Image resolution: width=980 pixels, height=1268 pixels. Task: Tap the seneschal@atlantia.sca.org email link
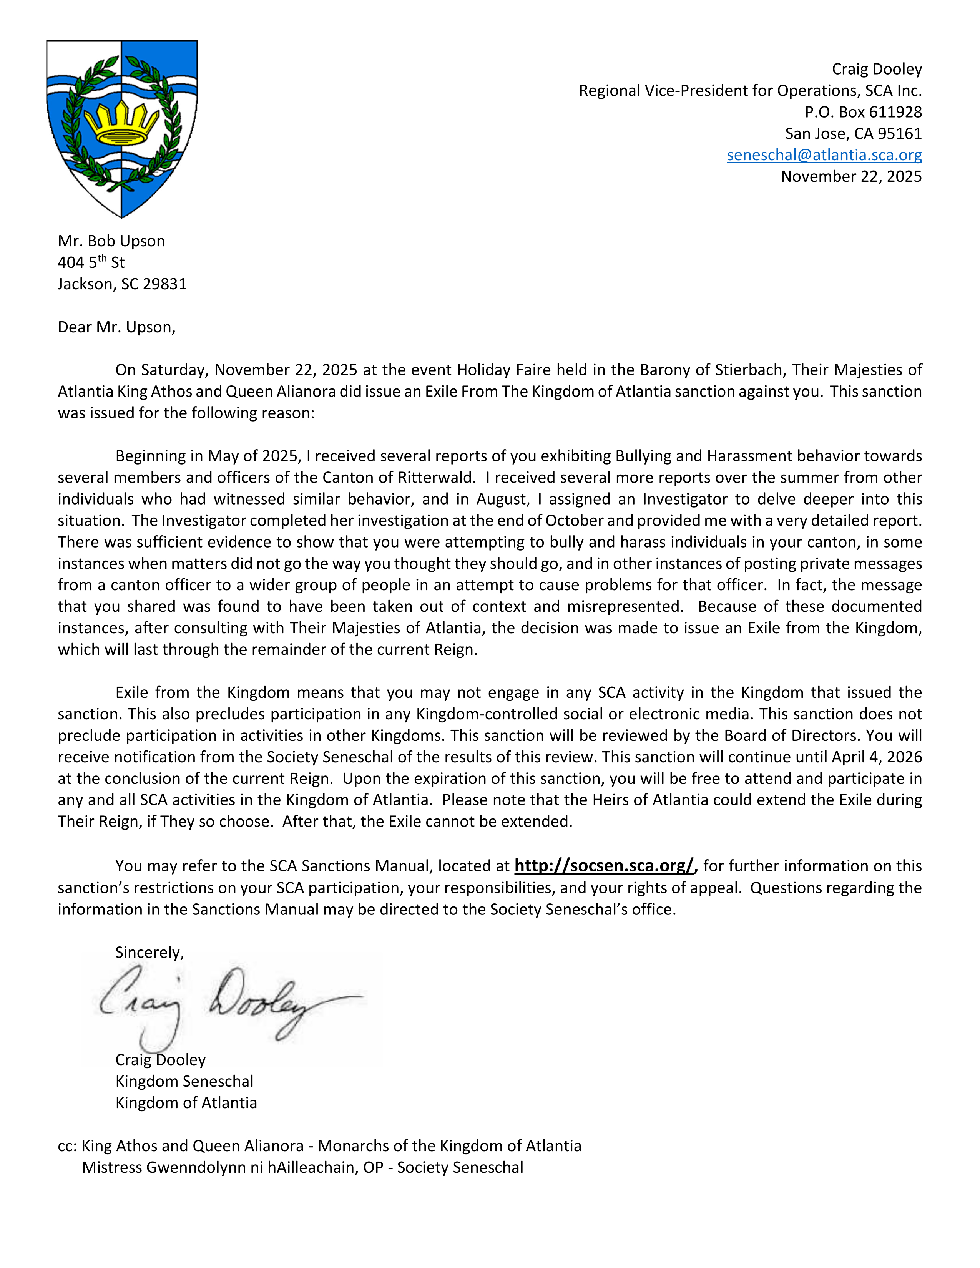[x=824, y=155]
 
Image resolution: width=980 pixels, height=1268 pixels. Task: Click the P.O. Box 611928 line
[x=863, y=112]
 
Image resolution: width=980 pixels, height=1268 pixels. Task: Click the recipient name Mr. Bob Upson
[x=111, y=241]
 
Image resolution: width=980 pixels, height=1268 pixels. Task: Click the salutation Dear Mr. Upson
[x=116, y=327]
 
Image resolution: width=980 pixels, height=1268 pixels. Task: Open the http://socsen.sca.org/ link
[x=604, y=866]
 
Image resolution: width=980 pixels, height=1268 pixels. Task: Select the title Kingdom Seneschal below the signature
[x=184, y=1081]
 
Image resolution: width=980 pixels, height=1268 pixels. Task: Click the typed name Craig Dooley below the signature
[x=160, y=1060]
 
